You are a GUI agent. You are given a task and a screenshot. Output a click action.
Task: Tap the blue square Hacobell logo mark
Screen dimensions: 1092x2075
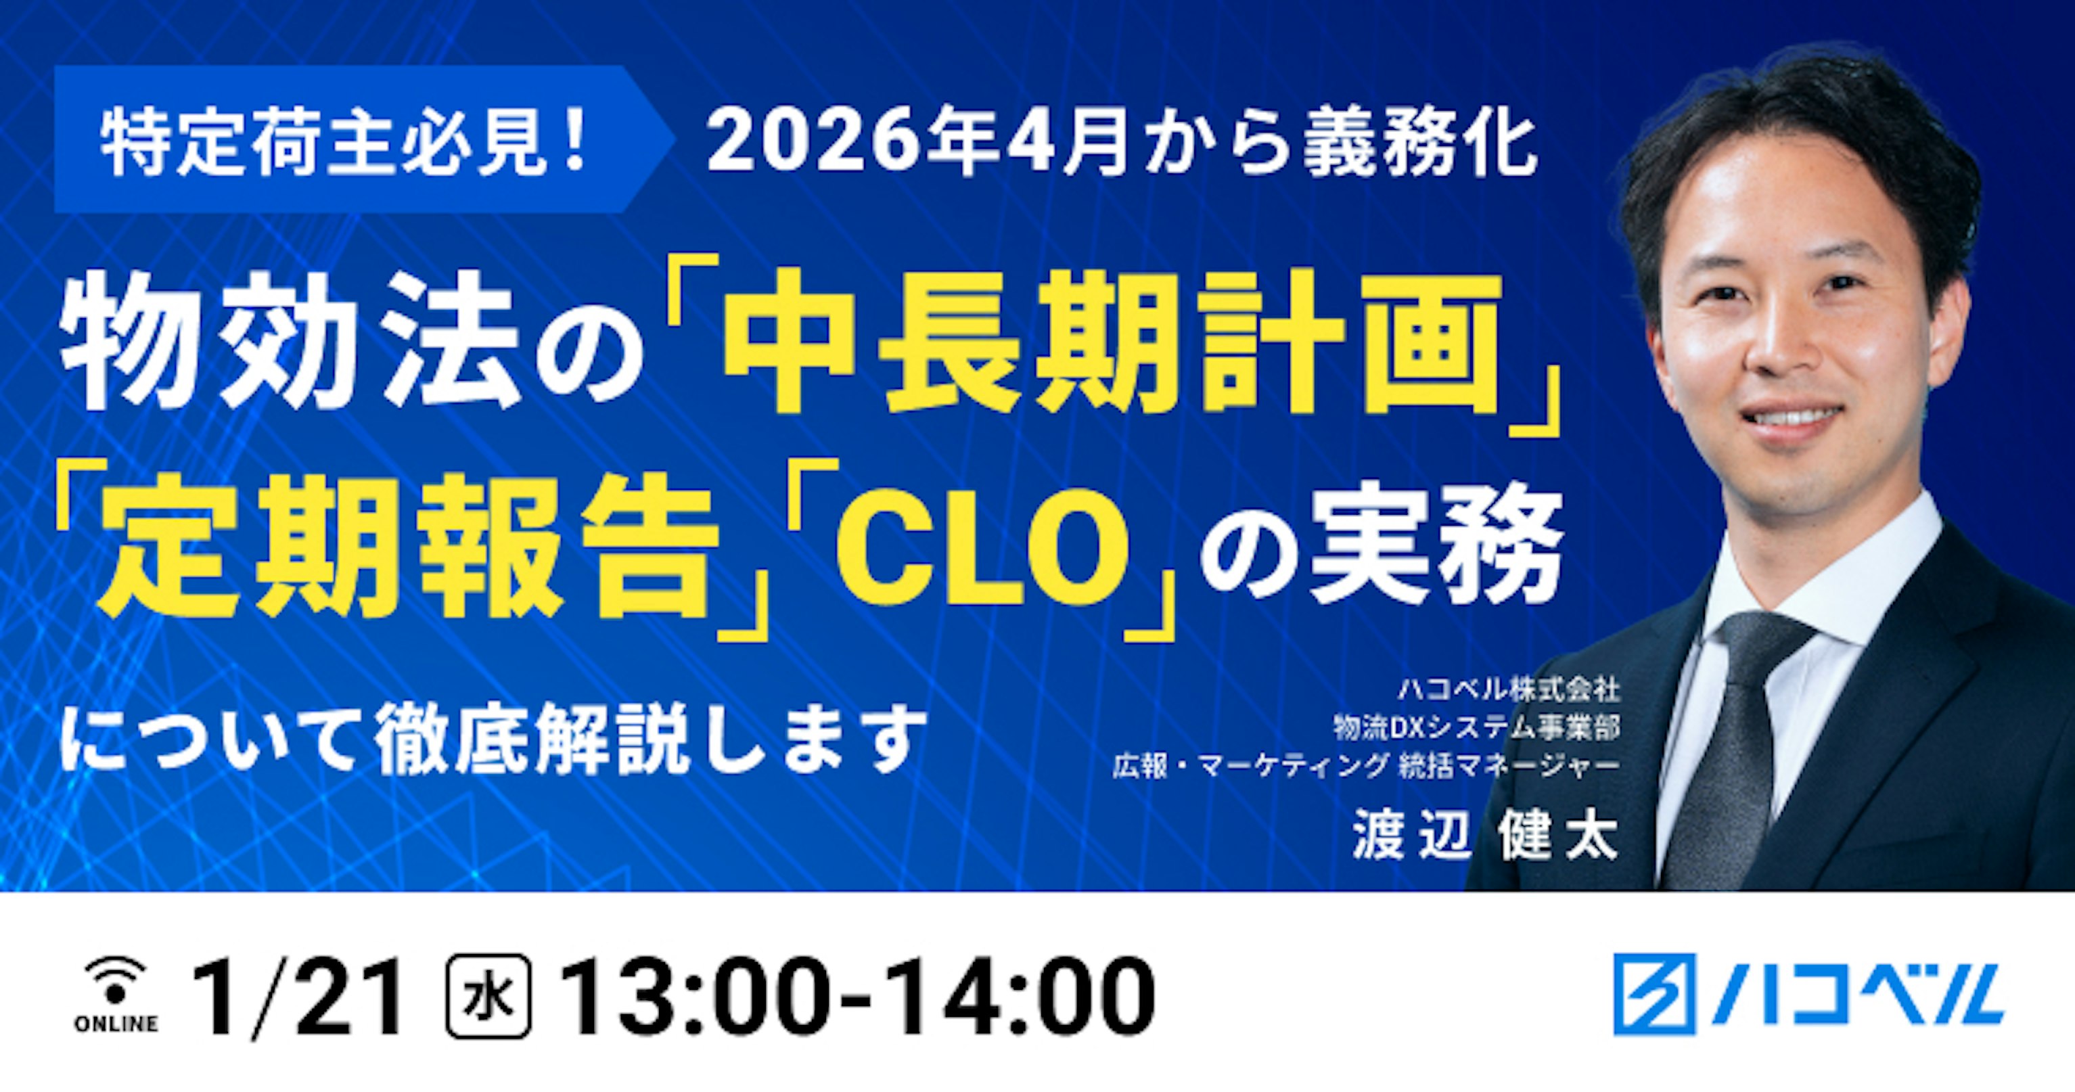pyautogui.click(x=1654, y=994)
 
